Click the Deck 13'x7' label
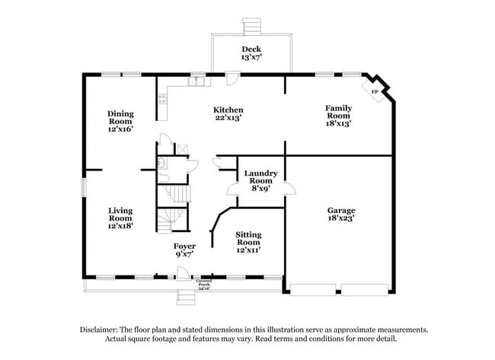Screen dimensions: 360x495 click(251, 53)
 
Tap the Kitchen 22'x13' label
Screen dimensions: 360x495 click(228, 114)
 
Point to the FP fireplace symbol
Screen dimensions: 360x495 click(375, 92)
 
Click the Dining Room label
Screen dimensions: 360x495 click(120, 121)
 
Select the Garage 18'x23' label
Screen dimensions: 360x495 click(341, 215)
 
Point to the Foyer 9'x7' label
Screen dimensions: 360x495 click(184, 250)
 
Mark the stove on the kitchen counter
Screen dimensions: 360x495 click(162, 97)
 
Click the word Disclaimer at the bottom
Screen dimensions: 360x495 click(101, 330)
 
